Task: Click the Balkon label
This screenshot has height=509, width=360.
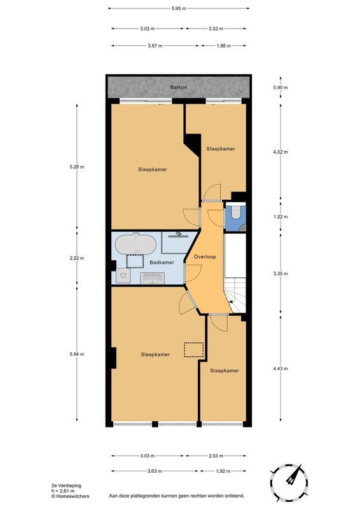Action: tap(179, 87)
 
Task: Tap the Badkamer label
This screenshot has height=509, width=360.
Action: tap(162, 262)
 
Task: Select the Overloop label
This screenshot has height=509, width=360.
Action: tap(205, 257)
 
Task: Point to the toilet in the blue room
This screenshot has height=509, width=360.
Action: tap(236, 212)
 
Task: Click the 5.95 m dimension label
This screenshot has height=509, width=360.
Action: tap(179, 8)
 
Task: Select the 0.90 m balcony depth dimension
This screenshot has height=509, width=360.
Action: tap(280, 87)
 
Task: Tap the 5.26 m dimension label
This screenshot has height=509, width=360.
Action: tap(76, 167)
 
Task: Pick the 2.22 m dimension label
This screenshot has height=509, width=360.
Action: tap(76, 258)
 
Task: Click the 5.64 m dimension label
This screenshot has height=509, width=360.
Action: tap(76, 354)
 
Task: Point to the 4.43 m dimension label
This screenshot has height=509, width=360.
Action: tap(280, 368)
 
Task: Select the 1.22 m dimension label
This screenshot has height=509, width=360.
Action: tap(280, 216)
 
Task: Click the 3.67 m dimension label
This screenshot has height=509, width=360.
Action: tap(155, 46)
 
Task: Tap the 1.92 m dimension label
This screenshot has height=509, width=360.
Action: tap(223, 471)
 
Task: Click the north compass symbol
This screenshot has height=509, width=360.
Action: tap(289, 482)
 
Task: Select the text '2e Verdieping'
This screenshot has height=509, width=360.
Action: tap(66, 485)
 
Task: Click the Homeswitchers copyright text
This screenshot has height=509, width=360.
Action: tap(70, 496)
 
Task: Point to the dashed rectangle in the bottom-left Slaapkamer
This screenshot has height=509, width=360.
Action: tap(193, 350)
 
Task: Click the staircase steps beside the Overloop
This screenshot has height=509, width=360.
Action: tap(235, 296)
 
